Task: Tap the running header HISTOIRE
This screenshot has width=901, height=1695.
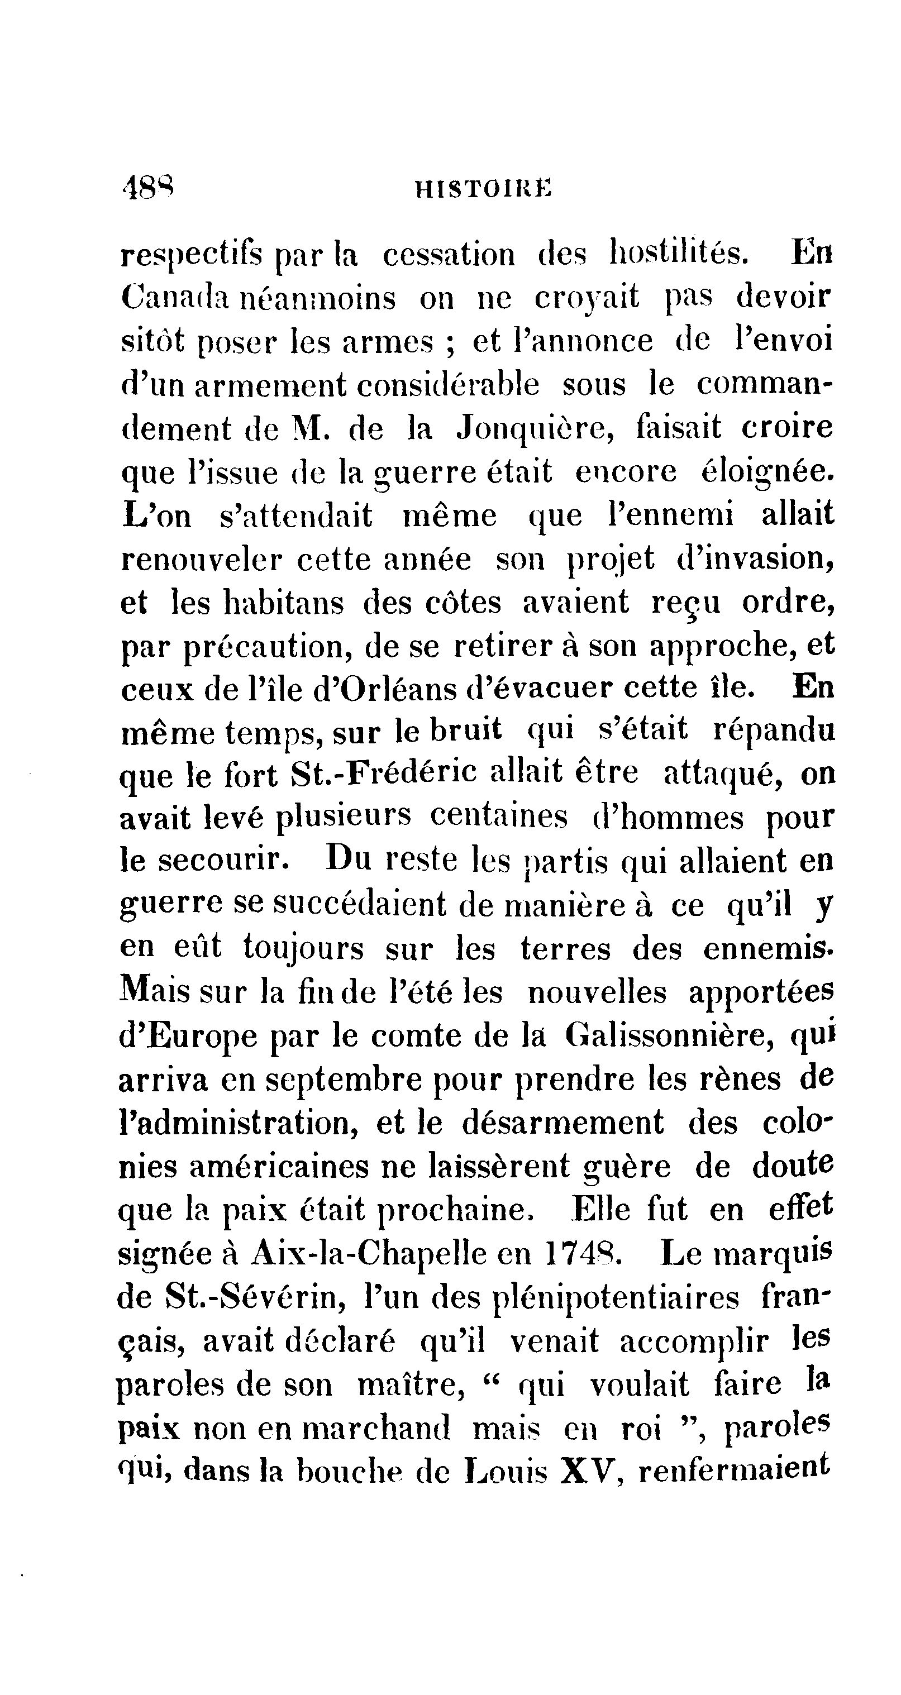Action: [484, 191]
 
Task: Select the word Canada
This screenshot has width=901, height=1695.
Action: [174, 298]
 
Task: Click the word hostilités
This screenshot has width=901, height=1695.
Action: [678, 255]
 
